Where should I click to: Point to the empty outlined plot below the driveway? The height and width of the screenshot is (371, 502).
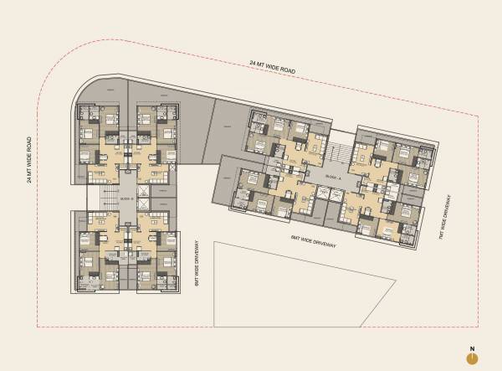[301, 285]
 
